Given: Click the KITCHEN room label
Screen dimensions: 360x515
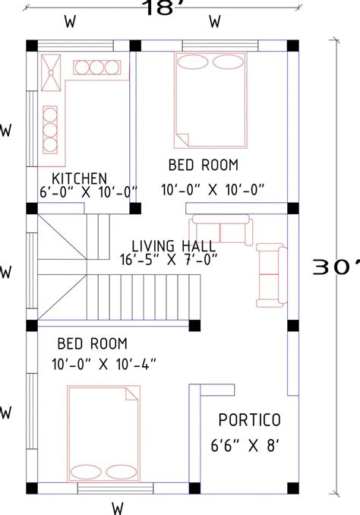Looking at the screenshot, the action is [80, 179].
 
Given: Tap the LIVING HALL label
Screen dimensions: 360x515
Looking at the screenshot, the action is [174, 246].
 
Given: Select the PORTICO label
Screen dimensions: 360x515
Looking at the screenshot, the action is [250, 420].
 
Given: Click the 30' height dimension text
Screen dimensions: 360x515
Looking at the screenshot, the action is [336, 267].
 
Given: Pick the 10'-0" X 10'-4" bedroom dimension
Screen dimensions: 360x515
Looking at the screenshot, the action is [104, 364].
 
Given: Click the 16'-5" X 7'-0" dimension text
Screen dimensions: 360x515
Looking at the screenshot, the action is [169, 260].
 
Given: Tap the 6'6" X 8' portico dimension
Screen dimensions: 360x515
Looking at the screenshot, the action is [245, 446].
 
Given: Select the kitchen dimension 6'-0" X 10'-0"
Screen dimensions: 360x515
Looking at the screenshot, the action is [88, 192].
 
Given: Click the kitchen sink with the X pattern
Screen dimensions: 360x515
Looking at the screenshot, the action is [51, 73].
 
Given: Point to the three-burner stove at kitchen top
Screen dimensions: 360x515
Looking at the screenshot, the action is [97, 68].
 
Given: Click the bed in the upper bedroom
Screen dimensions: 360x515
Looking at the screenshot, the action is [210, 100].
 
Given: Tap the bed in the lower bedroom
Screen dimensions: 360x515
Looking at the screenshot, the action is [104, 434].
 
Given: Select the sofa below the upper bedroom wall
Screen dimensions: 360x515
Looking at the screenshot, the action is [221, 229].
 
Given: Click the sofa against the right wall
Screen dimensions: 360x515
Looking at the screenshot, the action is [272, 275].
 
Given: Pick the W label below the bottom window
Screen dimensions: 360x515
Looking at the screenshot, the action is [118, 508].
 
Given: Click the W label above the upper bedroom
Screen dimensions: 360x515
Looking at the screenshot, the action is [214, 22].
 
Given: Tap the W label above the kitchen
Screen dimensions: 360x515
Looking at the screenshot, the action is [71, 22].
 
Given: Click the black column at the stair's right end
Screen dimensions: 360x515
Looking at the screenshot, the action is [194, 326].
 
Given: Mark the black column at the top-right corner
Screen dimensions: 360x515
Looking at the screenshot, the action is [293, 46].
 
